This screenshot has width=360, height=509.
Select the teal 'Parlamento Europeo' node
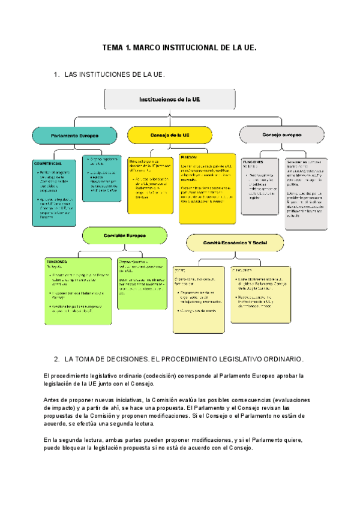74,136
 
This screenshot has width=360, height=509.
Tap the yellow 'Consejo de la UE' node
170,135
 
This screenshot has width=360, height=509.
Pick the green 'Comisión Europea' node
124,236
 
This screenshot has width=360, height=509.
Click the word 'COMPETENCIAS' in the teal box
49,163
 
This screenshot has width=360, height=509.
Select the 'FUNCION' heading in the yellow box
189,157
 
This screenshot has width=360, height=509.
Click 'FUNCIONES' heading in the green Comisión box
57,262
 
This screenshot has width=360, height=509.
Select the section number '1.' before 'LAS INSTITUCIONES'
57,74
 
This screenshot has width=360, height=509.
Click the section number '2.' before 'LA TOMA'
57,359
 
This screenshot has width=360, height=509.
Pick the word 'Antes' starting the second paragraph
52,399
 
